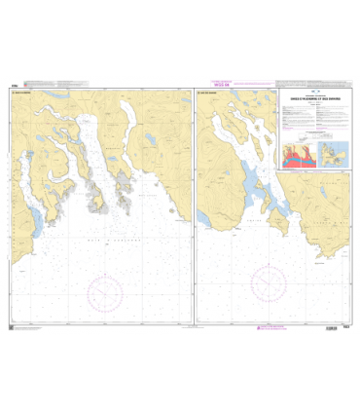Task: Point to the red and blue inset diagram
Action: pos(298,156)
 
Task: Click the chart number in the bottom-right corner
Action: pos(345,328)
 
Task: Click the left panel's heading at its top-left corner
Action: pos(21,94)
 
